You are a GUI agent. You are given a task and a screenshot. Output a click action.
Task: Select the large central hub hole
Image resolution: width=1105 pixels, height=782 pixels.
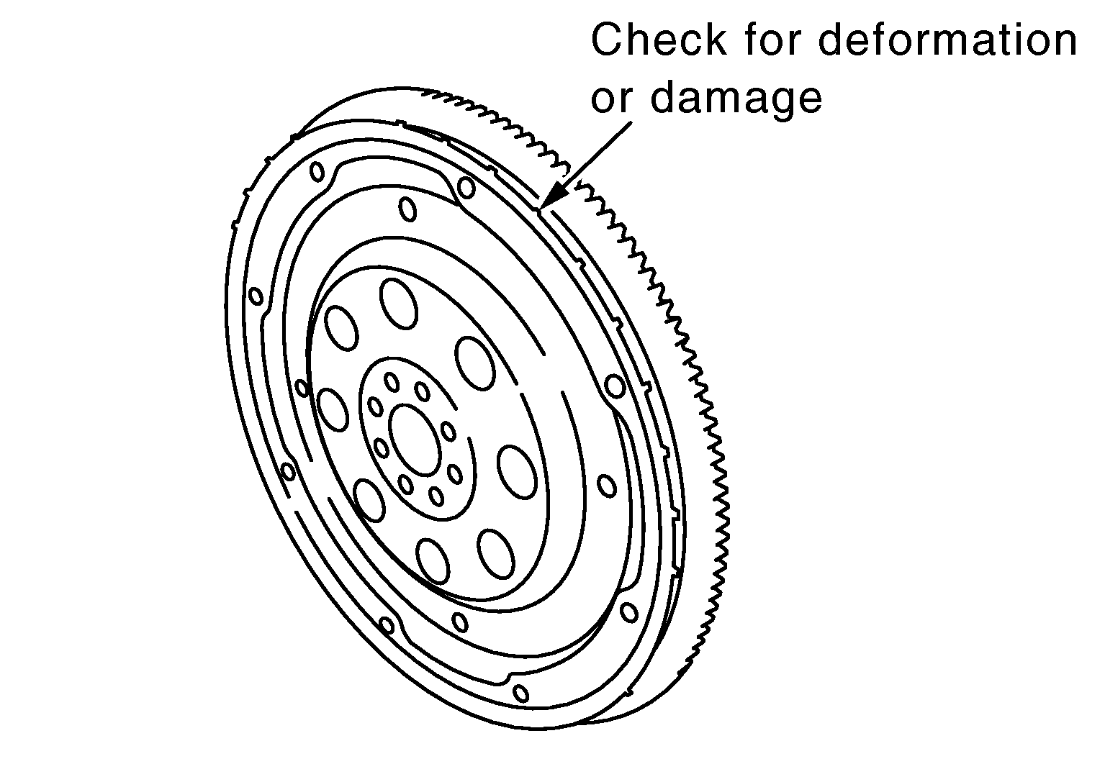415,441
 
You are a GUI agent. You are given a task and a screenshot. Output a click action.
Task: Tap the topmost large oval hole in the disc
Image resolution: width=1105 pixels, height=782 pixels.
399,304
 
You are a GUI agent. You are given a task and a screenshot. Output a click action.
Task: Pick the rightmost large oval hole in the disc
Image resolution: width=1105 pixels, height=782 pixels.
516,472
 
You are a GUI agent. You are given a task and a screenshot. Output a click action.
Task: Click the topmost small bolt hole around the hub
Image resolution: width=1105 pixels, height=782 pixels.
392,382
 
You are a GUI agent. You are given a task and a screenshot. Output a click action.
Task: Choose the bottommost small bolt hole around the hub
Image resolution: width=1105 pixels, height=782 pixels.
436,496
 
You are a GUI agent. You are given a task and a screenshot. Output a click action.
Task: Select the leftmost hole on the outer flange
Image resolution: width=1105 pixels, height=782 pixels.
256,296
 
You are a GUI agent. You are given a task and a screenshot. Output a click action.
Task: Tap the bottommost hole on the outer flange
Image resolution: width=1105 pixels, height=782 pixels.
520,694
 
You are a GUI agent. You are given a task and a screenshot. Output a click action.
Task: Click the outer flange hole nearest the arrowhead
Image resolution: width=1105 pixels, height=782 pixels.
466,187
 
